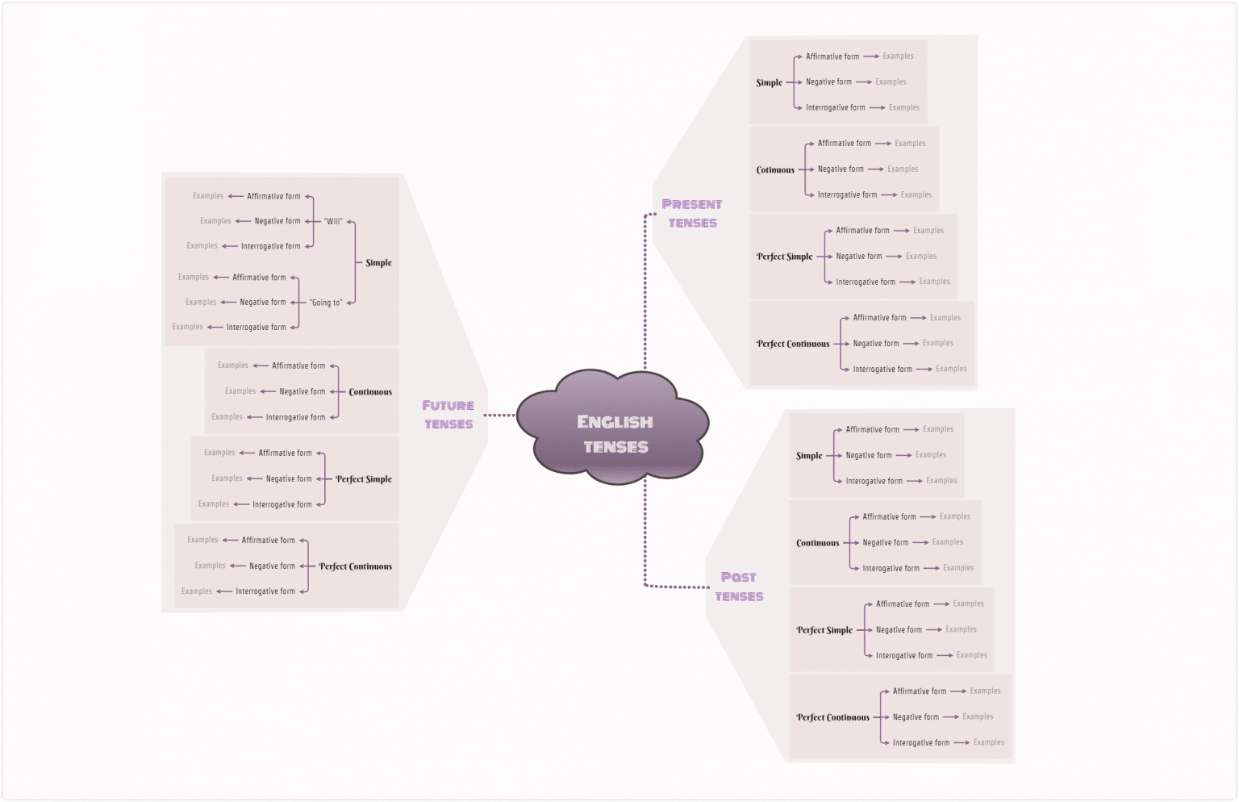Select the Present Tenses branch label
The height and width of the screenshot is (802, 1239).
point(691,213)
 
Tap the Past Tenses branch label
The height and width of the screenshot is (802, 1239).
point(738,587)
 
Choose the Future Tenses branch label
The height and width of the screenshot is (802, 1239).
point(448,415)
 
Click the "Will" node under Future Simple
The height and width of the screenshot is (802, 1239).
point(333,221)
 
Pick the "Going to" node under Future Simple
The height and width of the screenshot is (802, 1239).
point(326,303)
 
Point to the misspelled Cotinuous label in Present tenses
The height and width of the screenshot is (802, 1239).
point(775,169)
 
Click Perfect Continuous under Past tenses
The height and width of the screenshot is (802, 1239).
point(832,717)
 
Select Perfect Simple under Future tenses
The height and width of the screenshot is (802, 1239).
point(364,479)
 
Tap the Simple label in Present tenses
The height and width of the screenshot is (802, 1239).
point(769,82)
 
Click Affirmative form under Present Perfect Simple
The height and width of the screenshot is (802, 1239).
point(862,231)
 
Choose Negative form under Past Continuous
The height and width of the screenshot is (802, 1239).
point(885,543)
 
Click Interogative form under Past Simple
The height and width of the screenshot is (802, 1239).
point(874,481)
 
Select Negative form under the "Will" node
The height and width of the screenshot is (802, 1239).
point(277,221)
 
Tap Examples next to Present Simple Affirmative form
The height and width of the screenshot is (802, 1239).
point(898,56)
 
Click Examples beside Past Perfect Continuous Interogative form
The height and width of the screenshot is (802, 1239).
point(988,742)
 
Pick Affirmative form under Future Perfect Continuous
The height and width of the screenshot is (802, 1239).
point(269,541)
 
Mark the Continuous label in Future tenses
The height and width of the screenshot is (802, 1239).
point(370,392)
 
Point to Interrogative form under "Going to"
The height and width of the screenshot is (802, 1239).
point(256,328)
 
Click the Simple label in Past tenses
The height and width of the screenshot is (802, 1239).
point(809,456)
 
